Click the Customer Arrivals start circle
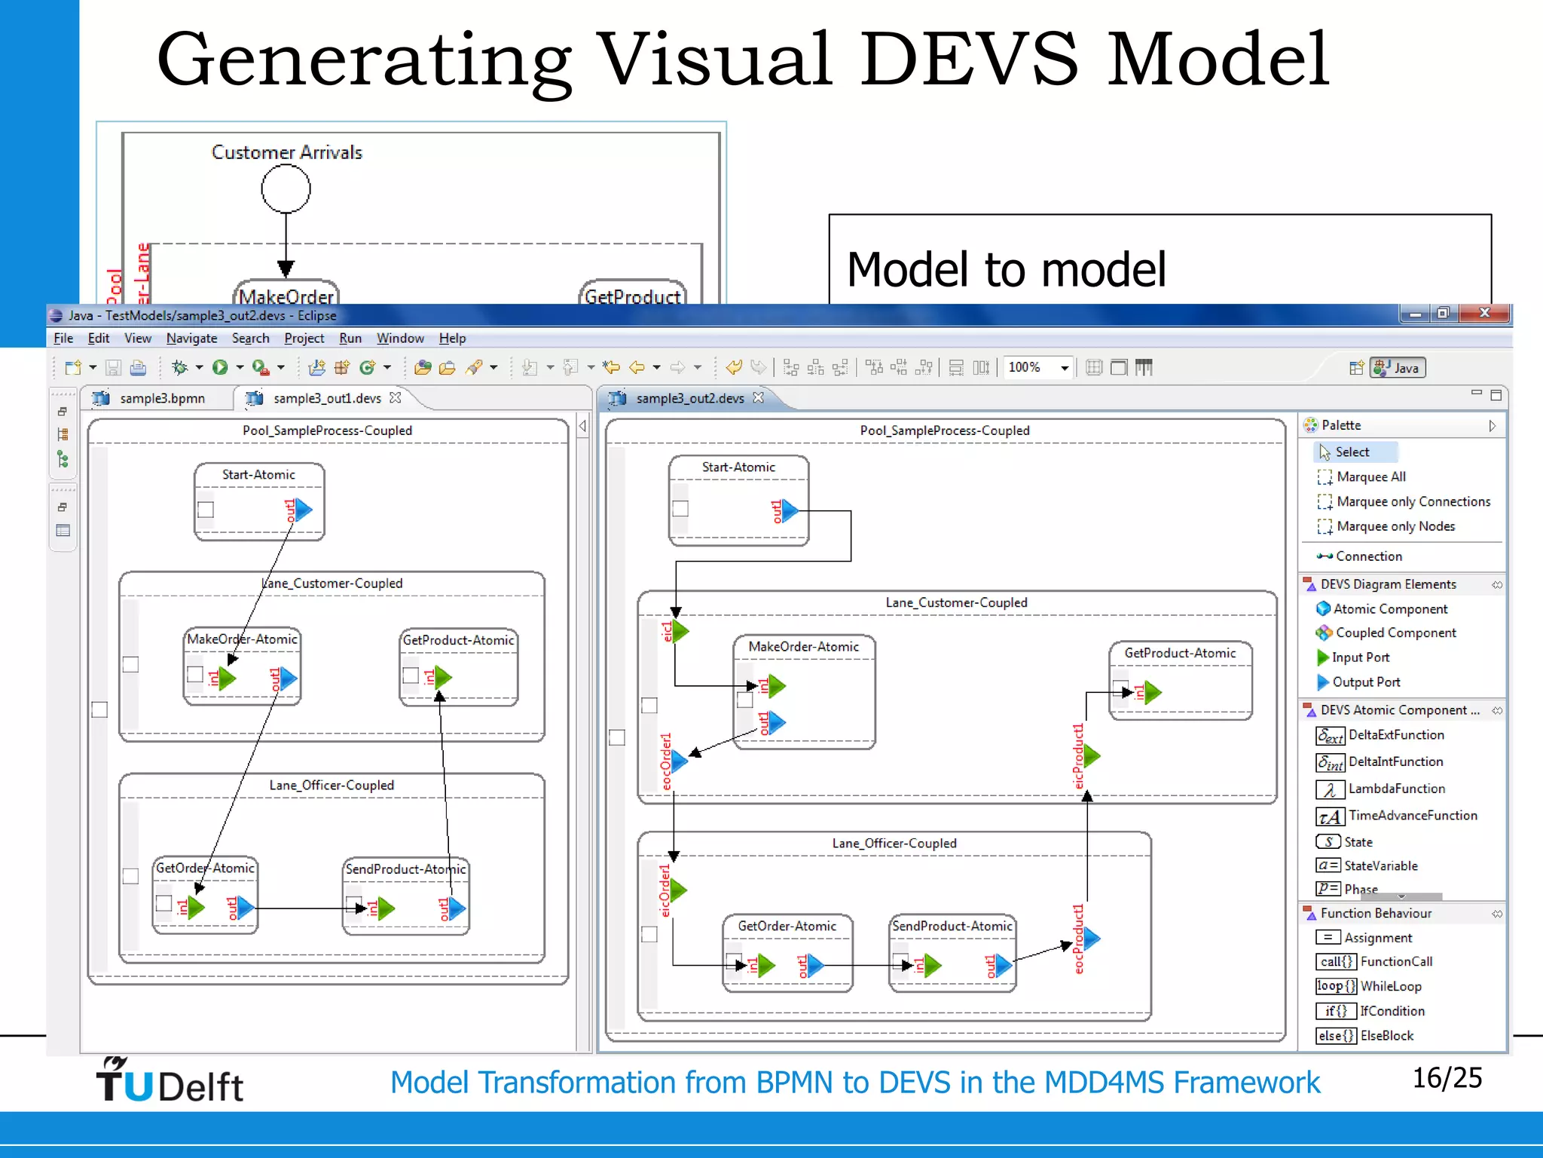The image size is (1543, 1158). (286, 188)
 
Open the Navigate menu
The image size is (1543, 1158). (191, 339)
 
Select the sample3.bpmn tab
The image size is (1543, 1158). (161, 398)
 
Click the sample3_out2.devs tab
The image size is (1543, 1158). (689, 398)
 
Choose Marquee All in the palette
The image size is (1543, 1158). (1370, 476)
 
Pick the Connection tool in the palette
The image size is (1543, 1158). (1368, 556)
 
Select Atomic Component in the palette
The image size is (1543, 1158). (1390, 609)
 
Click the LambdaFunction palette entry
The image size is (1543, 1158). (1396, 789)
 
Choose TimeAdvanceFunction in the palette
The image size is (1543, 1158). (1412, 816)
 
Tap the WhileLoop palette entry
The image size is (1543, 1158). (1390, 986)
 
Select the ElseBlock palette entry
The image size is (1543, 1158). (1386, 1036)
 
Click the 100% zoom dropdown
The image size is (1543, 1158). (1037, 367)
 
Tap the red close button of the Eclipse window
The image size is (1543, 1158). (1484, 314)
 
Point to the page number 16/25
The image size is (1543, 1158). (1447, 1078)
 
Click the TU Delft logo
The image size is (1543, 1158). (170, 1081)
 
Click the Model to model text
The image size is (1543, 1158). (1006, 270)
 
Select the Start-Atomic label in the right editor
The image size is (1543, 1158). (738, 467)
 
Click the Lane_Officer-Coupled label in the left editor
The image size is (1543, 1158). (332, 786)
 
